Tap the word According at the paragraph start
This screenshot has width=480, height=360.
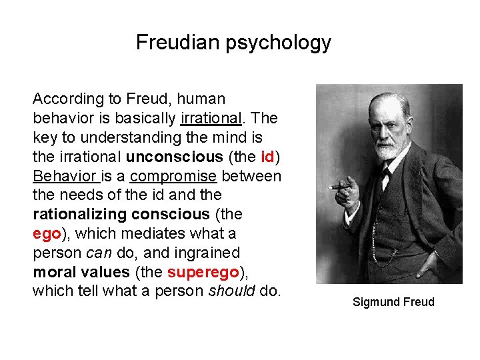click(x=69, y=99)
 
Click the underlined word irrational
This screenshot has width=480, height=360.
click(x=210, y=119)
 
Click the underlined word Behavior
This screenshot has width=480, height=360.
click(x=64, y=177)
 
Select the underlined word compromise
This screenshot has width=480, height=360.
click(x=173, y=177)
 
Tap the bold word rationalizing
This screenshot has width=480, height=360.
click(x=81, y=215)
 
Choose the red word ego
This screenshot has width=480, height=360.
click(x=47, y=234)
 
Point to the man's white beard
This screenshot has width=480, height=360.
click(x=387, y=149)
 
